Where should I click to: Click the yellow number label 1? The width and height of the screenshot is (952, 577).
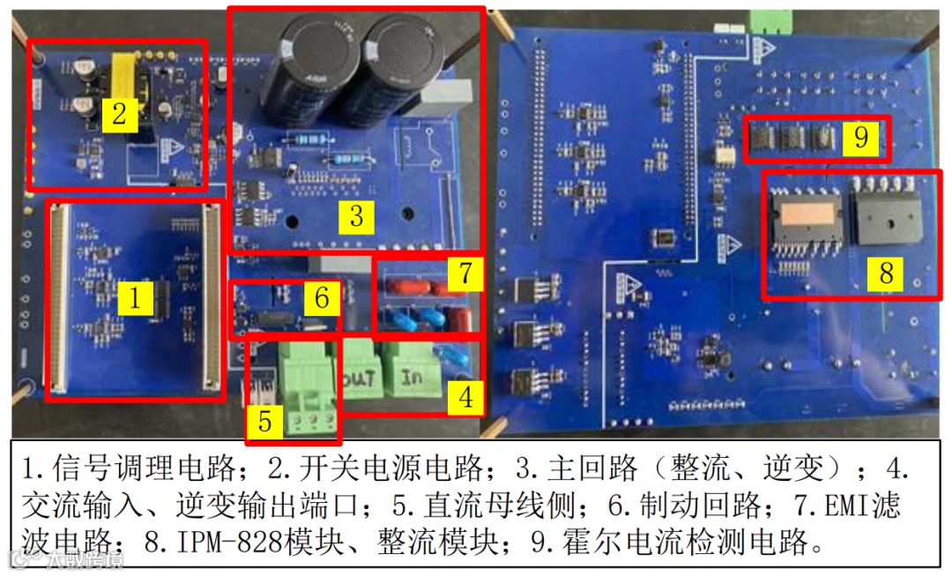(x=134, y=297)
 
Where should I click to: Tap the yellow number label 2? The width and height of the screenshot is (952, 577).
(x=119, y=114)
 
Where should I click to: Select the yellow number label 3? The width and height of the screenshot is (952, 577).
(x=356, y=215)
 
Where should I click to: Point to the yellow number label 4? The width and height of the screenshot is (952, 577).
(x=465, y=397)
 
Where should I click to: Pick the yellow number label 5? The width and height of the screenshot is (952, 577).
(x=264, y=422)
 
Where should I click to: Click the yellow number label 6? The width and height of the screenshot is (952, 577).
(x=322, y=298)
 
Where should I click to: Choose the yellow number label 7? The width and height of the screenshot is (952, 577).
(x=465, y=274)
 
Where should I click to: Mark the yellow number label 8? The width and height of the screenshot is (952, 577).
(x=885, y=273)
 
